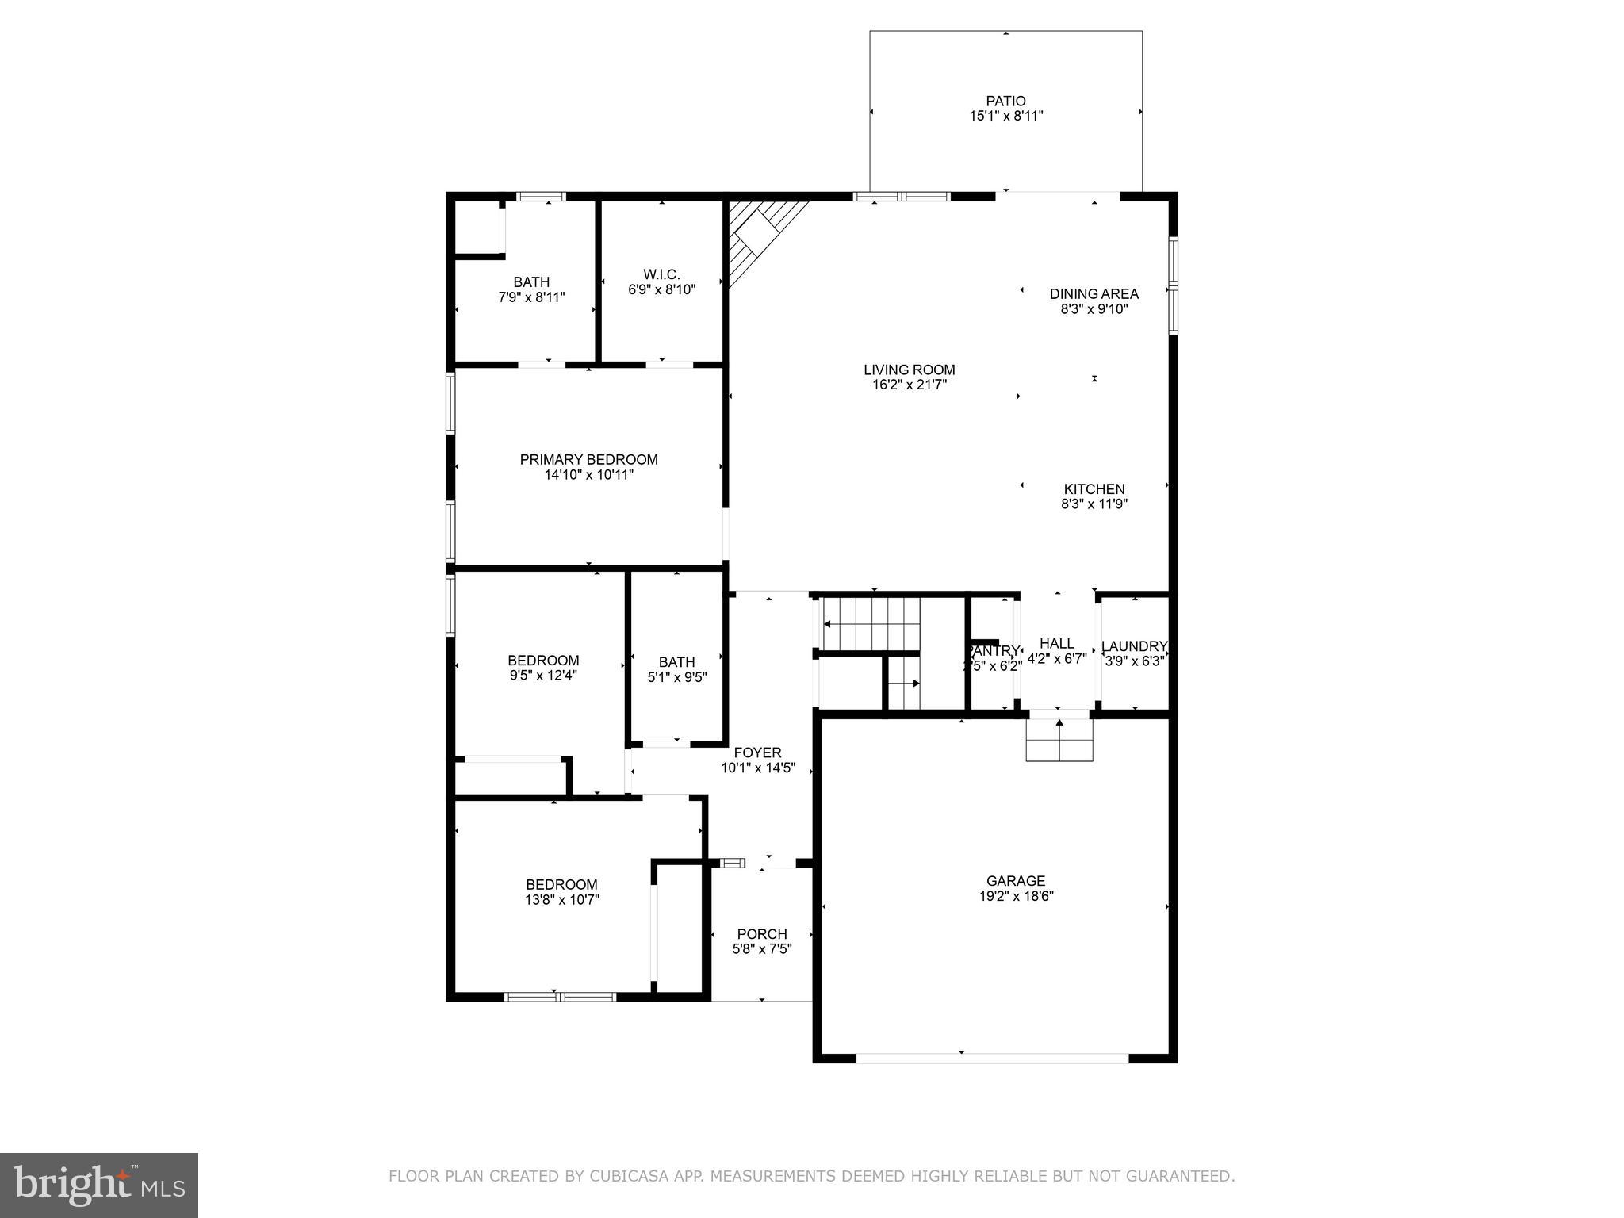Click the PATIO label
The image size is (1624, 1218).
click(1005, 101)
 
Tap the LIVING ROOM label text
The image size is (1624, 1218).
click(909, 370)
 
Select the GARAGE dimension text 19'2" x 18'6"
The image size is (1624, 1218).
click(1016, 897)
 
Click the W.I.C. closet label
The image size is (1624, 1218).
click(661, 274)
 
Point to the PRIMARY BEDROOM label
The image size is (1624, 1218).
click(588, 460)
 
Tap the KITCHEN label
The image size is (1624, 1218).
click(1094, 489)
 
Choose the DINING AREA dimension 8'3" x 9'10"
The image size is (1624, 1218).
click(1094, 309)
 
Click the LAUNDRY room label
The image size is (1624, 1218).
click(1134, 646)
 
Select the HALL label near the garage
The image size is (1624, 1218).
click(1056, 644)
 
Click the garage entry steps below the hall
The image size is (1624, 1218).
click(1059, 740)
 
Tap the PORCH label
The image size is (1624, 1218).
click(761, 934)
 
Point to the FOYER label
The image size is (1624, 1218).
click(757, 753)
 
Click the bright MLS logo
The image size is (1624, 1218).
click(99, 1185)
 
